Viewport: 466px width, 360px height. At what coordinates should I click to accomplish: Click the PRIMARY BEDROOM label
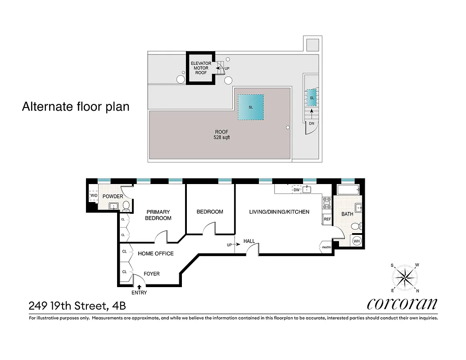tap(158, 215)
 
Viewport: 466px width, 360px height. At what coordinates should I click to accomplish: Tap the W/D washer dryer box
tap(94, 196)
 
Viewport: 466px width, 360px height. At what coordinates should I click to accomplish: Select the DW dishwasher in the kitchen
tap(296, 190)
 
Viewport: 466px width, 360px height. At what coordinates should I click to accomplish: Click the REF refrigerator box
tap(327, 220)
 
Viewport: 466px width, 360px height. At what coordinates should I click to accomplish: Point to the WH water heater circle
tap(357, 241)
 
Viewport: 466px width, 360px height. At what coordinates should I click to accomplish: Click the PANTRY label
tap(326, 247)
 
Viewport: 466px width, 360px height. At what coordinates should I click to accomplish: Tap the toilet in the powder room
tap(127, 206)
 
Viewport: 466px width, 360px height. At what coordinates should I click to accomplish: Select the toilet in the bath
tap(356, 226)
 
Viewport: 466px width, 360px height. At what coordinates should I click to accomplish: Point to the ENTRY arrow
tap(139, 286)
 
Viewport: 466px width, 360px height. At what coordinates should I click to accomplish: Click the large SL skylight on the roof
tap(251, 107)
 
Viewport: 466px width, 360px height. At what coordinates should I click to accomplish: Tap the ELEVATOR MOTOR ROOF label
tap(201, 68)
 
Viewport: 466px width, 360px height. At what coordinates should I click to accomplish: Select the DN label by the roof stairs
tap(311, 123)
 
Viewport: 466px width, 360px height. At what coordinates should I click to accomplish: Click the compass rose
tap(405, 278)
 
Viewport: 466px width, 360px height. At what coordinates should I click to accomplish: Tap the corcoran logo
tap(402, 304)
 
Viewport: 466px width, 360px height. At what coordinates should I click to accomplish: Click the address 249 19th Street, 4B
tap(77, 306)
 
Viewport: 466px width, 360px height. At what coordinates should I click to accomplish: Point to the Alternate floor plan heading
tap(76, 107)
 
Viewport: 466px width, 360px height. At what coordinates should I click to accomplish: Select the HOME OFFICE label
tap(155, 253)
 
